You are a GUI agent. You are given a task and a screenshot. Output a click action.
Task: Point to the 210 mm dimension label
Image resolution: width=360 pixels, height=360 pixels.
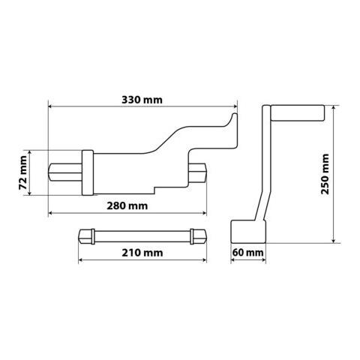coord(142,253)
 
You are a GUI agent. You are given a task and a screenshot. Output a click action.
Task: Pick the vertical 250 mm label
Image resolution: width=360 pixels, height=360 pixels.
coord(323,175)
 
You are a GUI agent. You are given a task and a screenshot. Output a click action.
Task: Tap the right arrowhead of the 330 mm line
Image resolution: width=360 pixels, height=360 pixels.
coord(234,106)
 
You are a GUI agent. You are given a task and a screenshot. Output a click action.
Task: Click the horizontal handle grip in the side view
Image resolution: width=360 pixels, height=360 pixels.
coord(297,115)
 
